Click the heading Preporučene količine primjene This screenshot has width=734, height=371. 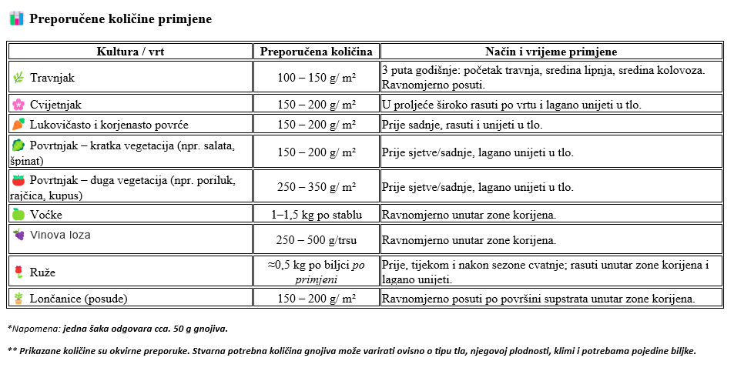pyautogui.click(x=120, y=18)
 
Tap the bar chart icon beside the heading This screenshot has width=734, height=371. pyautogui.click(x=16, y=18)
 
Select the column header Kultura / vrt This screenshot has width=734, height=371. pyautogui.click(x=130, y=52)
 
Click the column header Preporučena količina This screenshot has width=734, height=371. pyautogui.click(x=316, y=52)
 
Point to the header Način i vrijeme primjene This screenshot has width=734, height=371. pyautogui.click(x=551, y=52)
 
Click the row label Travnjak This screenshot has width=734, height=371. pyautogui.click(x=52, y=78)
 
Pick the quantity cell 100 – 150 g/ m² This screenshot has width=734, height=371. pyautogui.click(x=316, y=78)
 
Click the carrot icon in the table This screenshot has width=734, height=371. pyautogui.click(x=18, y=124)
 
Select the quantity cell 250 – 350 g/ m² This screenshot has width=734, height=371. pyautogui.click(x=316, y=187)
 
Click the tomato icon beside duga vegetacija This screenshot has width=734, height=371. pyautogui.click(x=18, y=180)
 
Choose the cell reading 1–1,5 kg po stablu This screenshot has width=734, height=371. pyautogui.click(x=316, y=214)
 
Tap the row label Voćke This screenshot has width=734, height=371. pyautogui.click(x=46, y=215)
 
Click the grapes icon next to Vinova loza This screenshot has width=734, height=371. pyautogui.click(x=18, y=235)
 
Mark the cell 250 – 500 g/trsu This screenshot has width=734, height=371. pyautogui.click(x=316, y=240)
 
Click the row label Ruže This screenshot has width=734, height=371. pyautogui.click(x=42, y=272)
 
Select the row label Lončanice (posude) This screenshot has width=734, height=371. pyautogui.click(x=79, y=299)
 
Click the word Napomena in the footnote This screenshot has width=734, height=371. pyautogui.click(x=34, y=329)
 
